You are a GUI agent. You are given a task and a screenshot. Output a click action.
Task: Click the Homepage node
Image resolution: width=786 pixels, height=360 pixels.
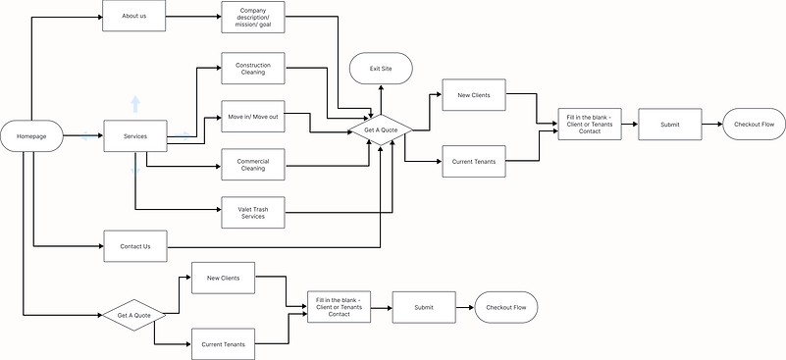coord(31,135)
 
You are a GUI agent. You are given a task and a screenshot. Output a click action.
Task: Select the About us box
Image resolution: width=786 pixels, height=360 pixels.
coord(134,17)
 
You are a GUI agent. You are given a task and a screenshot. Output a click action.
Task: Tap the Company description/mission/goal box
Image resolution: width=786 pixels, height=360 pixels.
coord(253,17)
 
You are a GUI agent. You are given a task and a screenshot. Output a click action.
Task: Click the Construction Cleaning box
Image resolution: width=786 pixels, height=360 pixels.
coord(253,70)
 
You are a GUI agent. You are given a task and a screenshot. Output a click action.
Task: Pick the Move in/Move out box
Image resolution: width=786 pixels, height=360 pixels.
coord(253,117)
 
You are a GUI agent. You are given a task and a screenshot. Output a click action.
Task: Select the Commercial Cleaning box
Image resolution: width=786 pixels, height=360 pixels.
coord(253,163)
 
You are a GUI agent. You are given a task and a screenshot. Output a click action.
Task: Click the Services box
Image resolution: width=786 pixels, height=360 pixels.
coord(134,135)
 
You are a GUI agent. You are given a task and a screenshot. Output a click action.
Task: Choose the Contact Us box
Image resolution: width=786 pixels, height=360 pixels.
coord(134,245)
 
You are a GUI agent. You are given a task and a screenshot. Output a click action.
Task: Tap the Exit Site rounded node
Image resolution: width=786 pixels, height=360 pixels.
coord(381,70)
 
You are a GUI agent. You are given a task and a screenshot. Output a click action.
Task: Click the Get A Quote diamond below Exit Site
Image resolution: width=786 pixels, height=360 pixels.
coord(381,129)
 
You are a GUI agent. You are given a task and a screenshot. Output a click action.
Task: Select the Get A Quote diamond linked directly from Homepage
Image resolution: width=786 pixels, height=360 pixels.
coord(134,315)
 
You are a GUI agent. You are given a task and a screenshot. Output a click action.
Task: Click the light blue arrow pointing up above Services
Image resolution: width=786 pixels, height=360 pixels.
coord(135,104)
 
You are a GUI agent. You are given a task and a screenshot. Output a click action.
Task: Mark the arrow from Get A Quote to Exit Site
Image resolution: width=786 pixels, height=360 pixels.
coord(381,98)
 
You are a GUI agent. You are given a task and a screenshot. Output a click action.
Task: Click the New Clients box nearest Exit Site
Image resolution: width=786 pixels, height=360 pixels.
coord(473,95)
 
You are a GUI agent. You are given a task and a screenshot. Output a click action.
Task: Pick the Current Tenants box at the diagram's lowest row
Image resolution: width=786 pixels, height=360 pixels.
coord(223,344)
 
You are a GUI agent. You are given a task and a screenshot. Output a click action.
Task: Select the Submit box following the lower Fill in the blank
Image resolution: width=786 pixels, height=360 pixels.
coord(423,308)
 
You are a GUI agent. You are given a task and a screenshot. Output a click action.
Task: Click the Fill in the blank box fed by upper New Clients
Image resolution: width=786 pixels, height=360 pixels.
coord(589,125)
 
